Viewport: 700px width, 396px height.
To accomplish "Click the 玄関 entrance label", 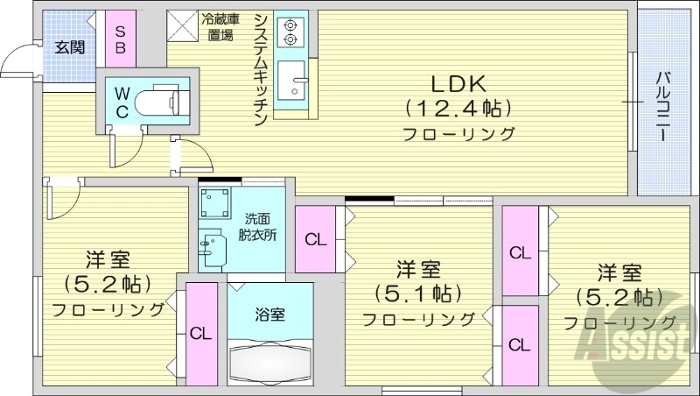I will (x=69, y=47).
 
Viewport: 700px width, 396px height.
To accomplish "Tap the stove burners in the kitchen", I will (x=289, y=32).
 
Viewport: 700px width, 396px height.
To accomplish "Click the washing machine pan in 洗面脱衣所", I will (x=213, y=205).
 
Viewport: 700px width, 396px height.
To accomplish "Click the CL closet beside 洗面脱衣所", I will (x=316, y=239).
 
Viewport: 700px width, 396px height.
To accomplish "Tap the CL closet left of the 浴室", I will (x=201, y=333).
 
